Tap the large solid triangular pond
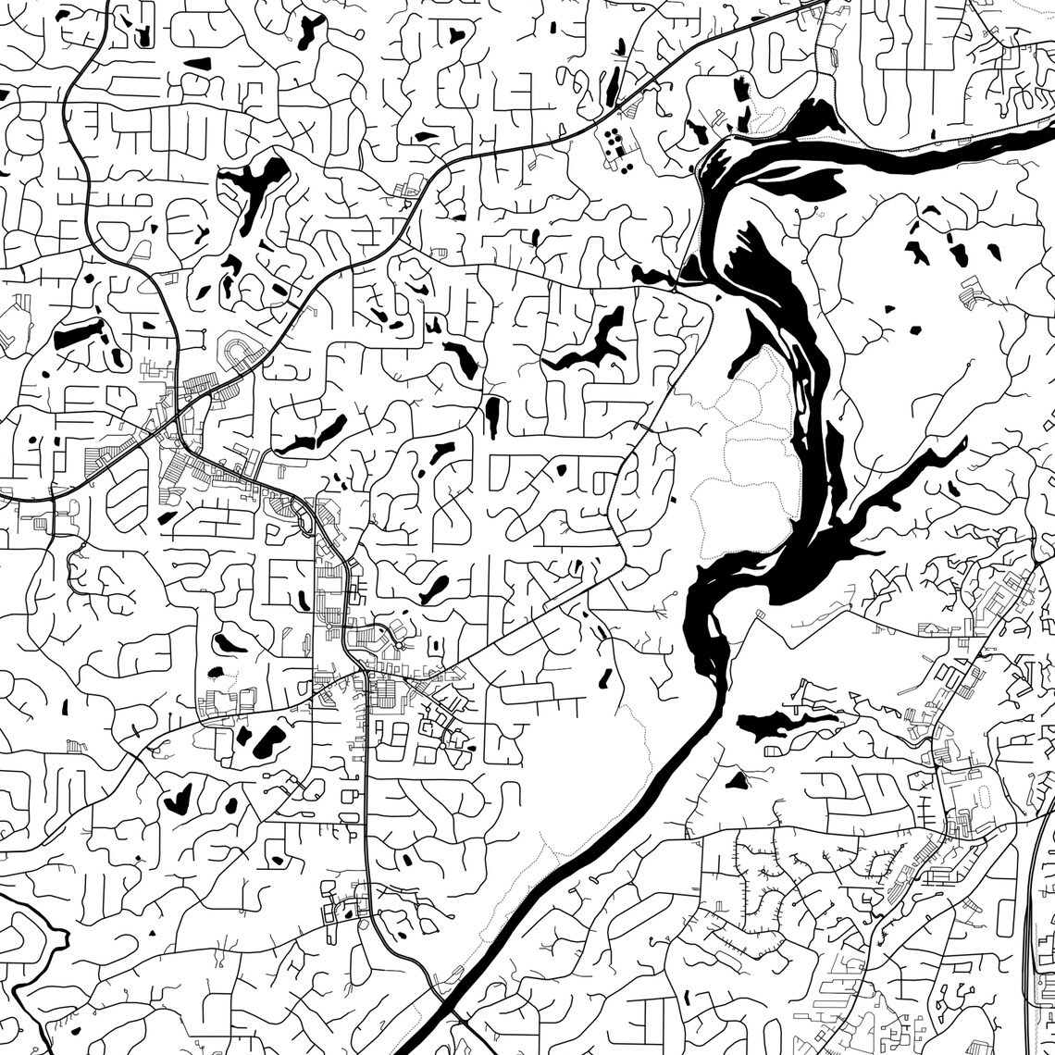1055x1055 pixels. click(x=737, y=780)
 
